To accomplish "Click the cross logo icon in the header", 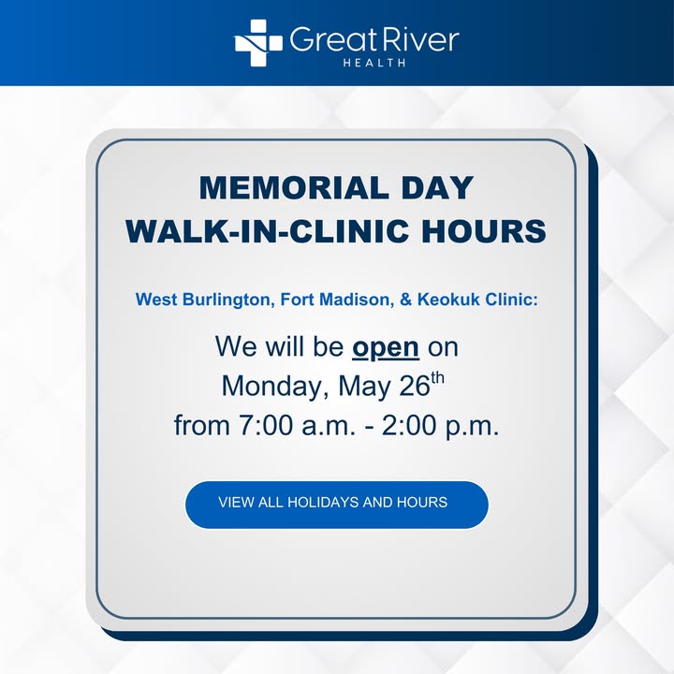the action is (x=258, y=42).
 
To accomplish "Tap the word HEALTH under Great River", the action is (x=374, y=63).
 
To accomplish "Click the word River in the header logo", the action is (x=418, y=40).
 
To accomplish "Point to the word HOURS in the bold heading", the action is (x=484, y=231).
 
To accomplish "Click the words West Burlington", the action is (x=205, y=300).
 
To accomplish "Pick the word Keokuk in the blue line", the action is (x=448, y=300).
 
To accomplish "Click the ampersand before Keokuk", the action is (x=405, y=300).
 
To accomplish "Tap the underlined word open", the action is (x=386, y=348).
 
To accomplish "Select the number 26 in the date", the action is (x=415, y=386).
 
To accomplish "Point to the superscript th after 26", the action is (x=437, y=378).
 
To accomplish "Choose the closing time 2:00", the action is (x=409, y=425).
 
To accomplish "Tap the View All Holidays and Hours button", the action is (x=337, y=505).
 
